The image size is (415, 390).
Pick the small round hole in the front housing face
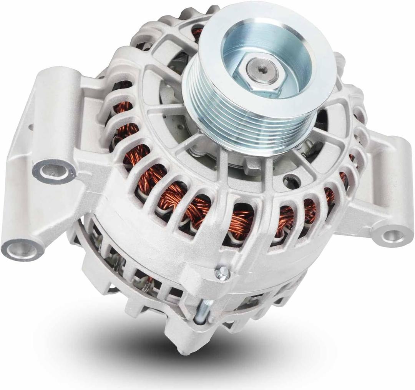[x=291, y=180]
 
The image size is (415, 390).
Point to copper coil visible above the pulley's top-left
[x=198, y=32]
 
